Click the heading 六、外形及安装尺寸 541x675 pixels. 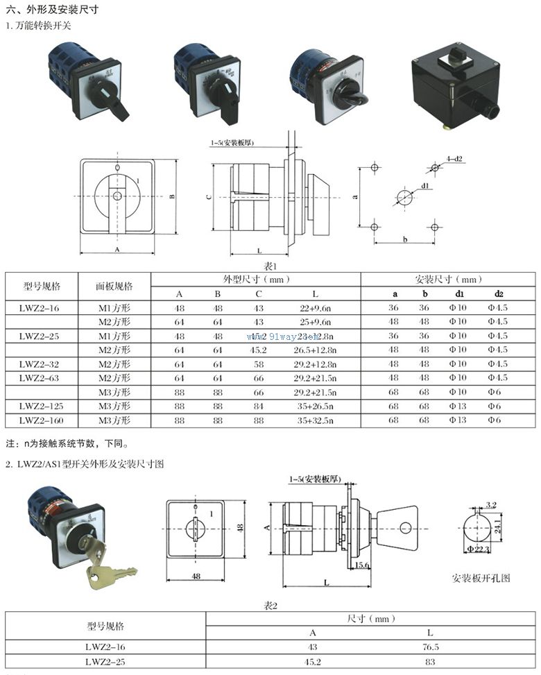(51, 10)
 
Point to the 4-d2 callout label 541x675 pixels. (454, 159)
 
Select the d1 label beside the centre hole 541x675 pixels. (424, 186)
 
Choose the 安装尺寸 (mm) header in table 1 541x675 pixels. (448, 279)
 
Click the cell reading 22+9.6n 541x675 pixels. (315, 307)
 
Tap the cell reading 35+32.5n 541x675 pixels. (315, 420)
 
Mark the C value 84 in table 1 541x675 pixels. (258, 406)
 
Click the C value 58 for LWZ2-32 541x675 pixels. (258, 364)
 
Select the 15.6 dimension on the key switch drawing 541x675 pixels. (361, 565)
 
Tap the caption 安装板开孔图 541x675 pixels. (481, 577)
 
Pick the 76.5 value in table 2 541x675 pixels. (431, 647)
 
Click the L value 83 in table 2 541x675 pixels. (431, 661)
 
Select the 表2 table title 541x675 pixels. (270, 606)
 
